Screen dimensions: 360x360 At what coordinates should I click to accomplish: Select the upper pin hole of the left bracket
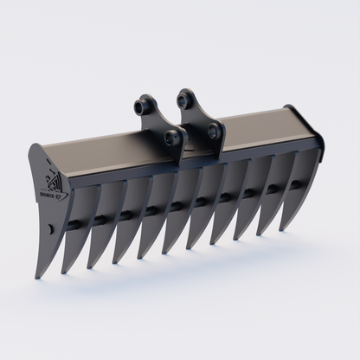pyautogui.click(x=142, y=106)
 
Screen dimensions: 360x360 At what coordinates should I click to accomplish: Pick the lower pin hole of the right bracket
pyautogui.click(x=212, y=131)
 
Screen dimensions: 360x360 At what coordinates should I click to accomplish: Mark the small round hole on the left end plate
pyautogui.click(x=51, y=228)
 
